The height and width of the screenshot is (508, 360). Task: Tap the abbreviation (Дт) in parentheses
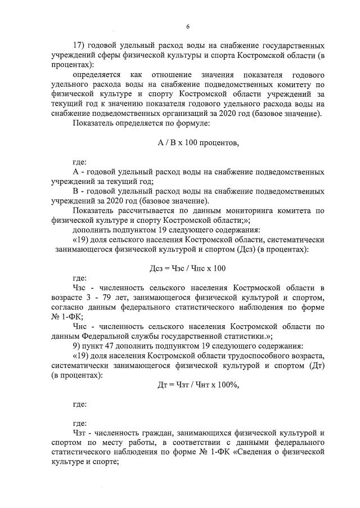(315, 365)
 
